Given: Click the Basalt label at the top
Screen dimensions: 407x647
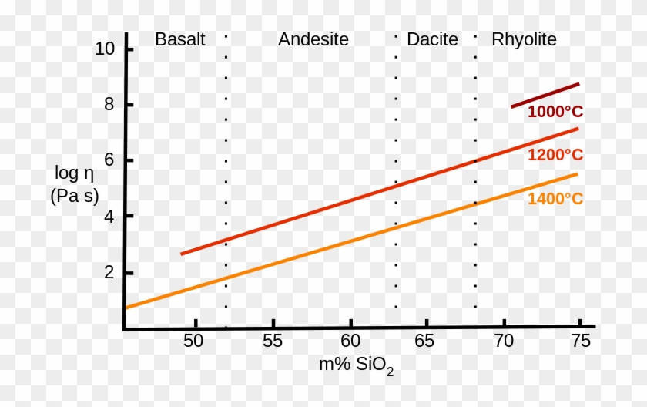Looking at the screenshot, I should pos(180,40).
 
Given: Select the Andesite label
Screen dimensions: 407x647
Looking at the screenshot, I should pos(313,40).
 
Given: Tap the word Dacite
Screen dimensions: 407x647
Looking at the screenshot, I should pos(432,40).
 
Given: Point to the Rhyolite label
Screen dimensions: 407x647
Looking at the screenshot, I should pos(524,40).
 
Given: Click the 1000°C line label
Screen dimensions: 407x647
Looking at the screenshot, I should pos(555,112).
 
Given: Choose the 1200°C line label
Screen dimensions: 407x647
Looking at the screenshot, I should pos(555,155).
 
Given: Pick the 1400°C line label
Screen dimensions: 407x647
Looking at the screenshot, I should pos(555,199).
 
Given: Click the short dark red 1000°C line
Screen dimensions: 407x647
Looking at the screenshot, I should pos(545,96).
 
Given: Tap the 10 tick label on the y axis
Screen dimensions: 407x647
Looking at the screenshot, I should pos(105,49).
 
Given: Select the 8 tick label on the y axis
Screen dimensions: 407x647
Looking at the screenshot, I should pos(109,105).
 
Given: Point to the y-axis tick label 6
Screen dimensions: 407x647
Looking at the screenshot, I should pos(109,160).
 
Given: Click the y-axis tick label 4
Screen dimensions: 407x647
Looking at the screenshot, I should pos(109,217).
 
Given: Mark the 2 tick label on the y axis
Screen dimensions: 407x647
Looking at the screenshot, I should pos(109,273).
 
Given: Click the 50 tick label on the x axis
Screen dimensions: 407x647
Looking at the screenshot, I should pos(194,341).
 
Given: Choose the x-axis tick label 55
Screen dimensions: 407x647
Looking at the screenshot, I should pos(272,341).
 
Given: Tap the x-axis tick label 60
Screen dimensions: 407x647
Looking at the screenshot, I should pos(350,341).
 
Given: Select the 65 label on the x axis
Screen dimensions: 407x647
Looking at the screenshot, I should pos(424,341).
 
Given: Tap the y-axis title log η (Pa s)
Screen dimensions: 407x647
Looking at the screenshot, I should pos(75,184).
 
